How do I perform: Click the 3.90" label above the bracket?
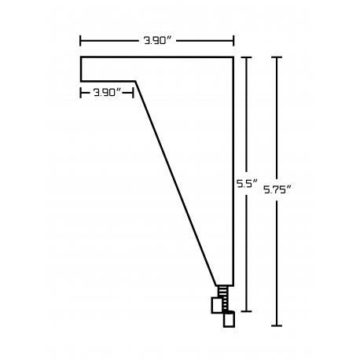pyautogui.click(x=158, y=41)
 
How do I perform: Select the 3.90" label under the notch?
pyautogui.click(x=108, y=93)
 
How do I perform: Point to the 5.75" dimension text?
pyautogui.click(x=277, y=189)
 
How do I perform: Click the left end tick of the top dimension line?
pyautogui.click(x=80, y=41)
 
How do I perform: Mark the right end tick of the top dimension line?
pyautogui.click(x=233, y=41)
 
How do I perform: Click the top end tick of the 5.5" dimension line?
pyautogui.click(x=246, y=57)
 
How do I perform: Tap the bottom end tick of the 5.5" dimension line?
pyautogui.click(x=246, y=311)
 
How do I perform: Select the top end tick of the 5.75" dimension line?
pyautogui.click(x=277, y=57)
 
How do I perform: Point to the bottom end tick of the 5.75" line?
pyautogui.click(x=277, y=325)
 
